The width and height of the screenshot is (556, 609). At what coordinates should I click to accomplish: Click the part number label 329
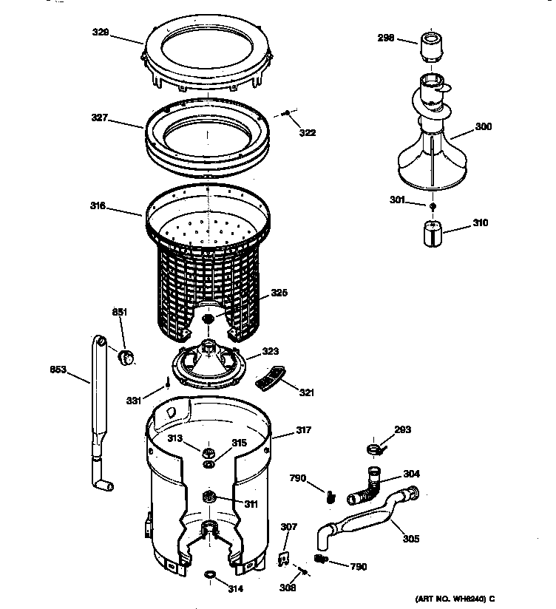click(x=121, y=33)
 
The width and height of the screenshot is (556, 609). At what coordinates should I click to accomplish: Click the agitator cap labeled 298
click(x=430, y=46)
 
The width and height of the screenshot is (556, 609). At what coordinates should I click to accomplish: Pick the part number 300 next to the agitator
click(x=483, y=127)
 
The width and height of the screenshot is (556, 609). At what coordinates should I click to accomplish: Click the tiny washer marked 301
click(x=431, y=205)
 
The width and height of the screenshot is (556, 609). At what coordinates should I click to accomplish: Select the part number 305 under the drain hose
click(x=410, y=539)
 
